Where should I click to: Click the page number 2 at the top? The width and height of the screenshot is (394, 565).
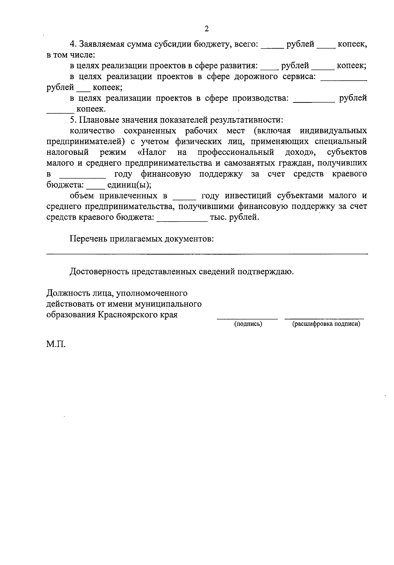pyautogui.click(x=207, y=29)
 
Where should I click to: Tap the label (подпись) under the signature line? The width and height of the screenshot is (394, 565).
pyautogui.click(x=248, y=324)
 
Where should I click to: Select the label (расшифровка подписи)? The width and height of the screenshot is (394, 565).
pyautogui.click(x=326, y=324)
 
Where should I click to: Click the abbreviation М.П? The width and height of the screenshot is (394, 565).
pyautogui.click(x=56, y=345)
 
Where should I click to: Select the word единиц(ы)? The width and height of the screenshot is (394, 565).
pyautogui.click(x=129, y=185)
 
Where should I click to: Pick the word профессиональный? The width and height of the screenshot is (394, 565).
pyautogui.click(x=236, y=153)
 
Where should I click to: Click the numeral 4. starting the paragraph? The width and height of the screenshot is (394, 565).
pyautogui.click(x=73, y=44)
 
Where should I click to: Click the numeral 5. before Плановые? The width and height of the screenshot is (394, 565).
pyautogui.click(x=73, y=120)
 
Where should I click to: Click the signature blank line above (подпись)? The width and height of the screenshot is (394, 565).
pyautogui.click(x=247, y=318)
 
